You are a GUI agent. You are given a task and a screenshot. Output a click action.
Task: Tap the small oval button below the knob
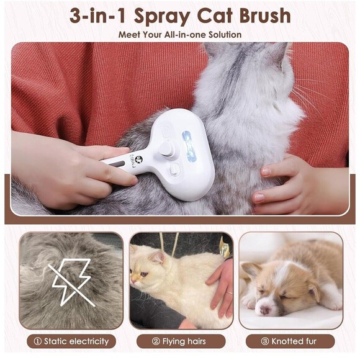174,169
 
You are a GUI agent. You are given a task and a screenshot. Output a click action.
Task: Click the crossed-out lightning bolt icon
71,282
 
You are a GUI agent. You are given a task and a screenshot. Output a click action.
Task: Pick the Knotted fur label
295,341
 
